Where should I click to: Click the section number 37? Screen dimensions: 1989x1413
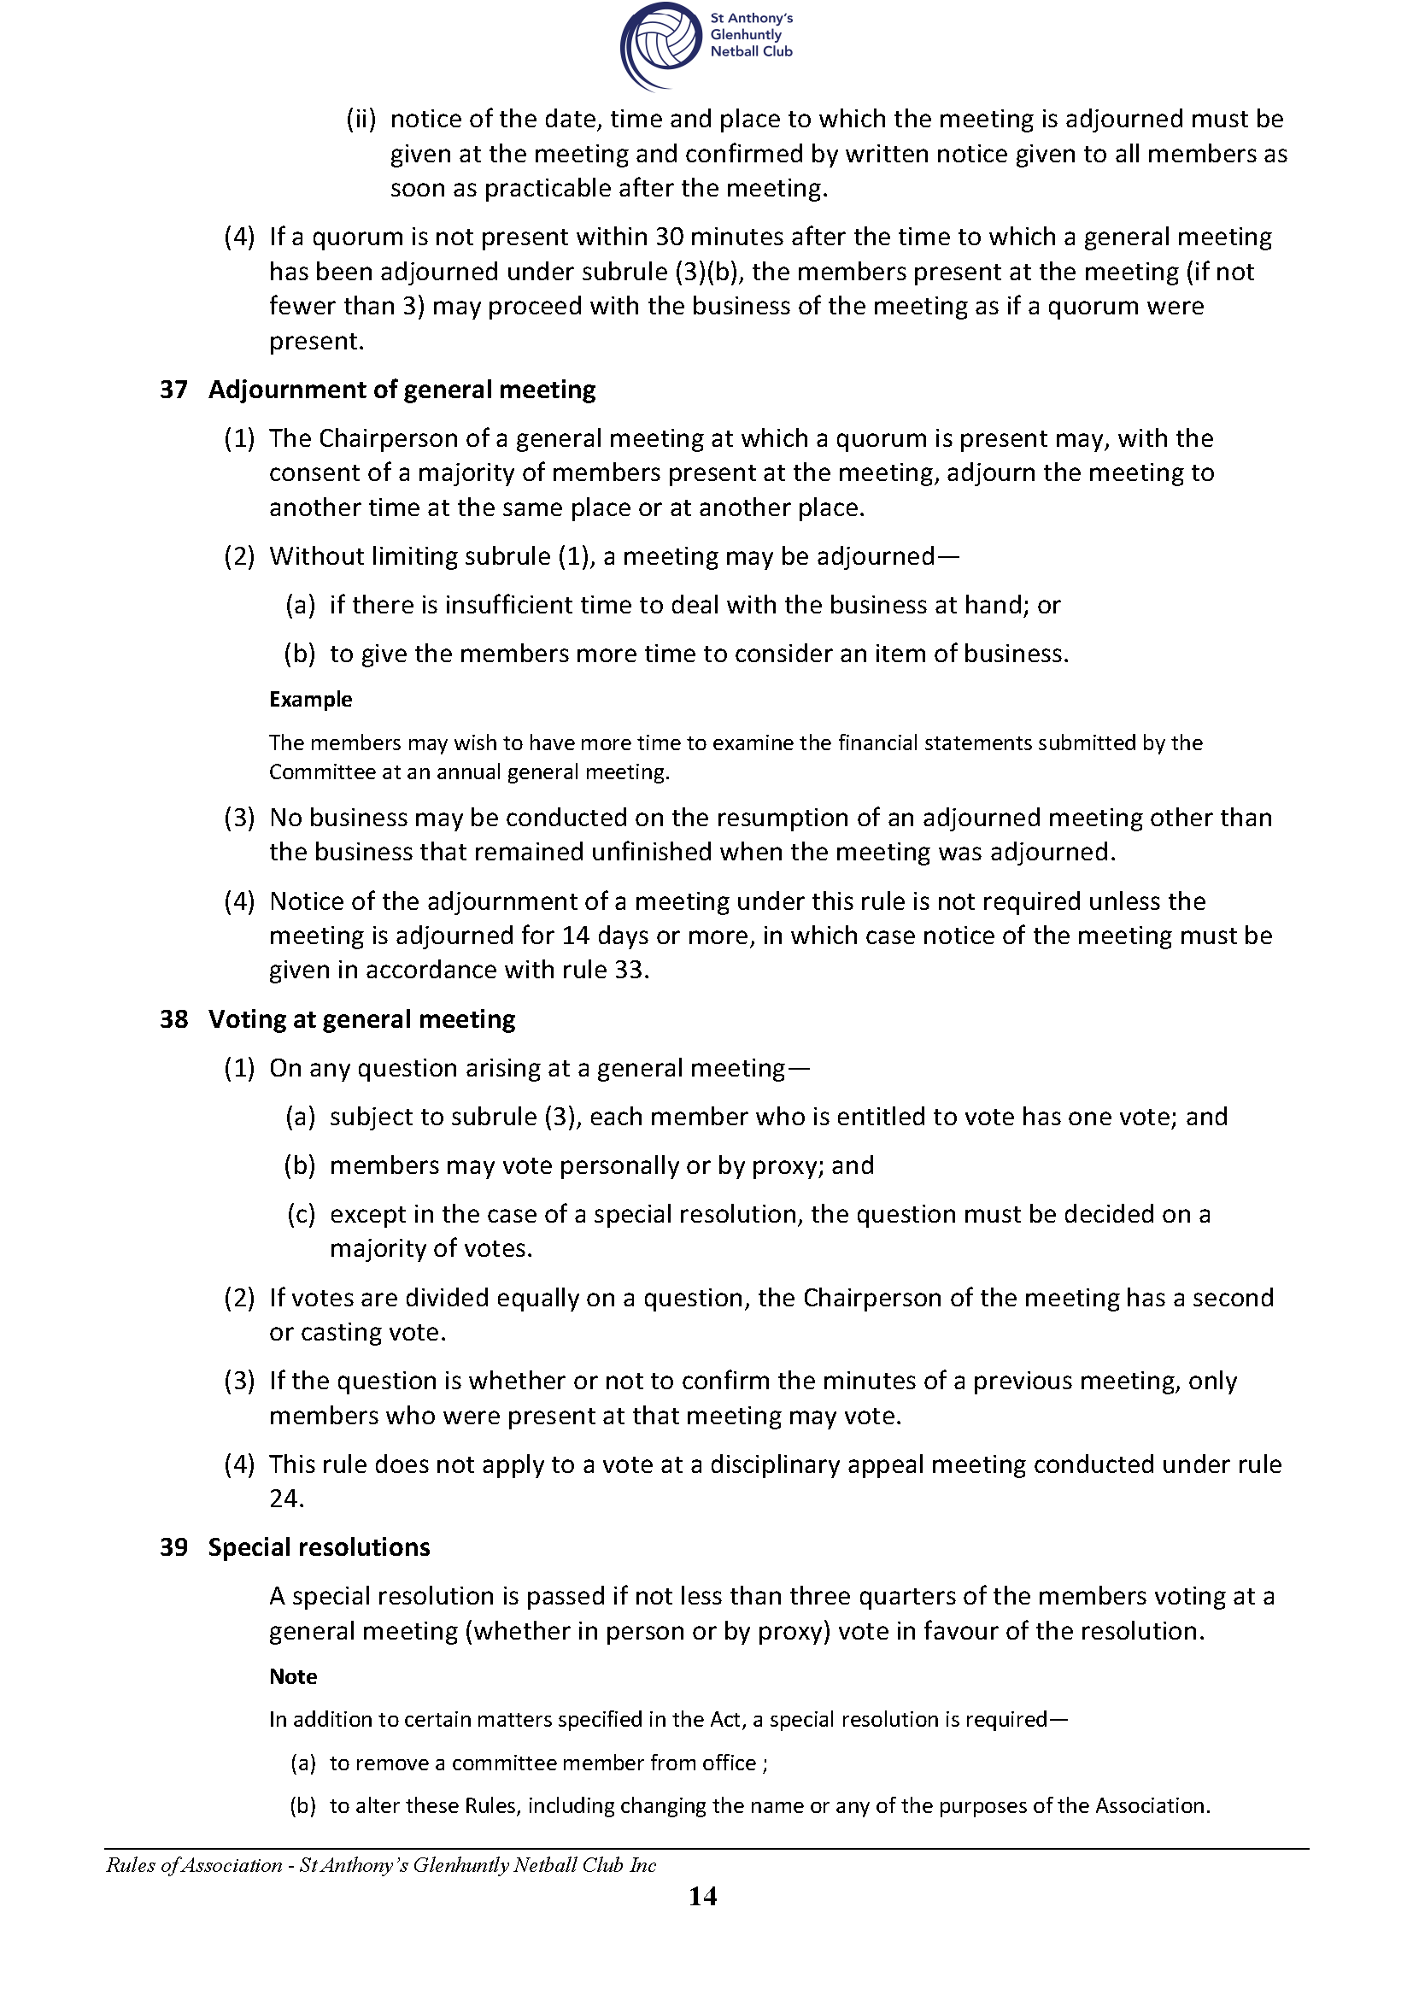pyautogui.click(x=173, y=390)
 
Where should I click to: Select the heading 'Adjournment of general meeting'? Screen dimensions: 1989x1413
pyautogui.click(x=402, y=390)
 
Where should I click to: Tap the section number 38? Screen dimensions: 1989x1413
pyautogui.click(x=173, y=1019)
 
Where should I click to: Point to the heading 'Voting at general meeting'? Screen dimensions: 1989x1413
pyautogui.click(x=361, y=1019)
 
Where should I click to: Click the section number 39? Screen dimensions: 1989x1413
pyautogui.click(x=173, y=1547)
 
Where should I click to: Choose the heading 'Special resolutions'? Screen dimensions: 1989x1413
pyautogui.click(x=319, y=1547)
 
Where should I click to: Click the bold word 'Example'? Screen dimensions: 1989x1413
pyautogui.click(x=310, y=700)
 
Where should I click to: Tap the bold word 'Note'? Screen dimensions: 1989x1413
pyautogui.click(x=292, y=1676)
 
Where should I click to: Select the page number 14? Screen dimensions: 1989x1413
pyautogui.click(x=702, y=1897)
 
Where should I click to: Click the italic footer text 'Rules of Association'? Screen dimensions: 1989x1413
pyautogui.click(x=194, y=1864)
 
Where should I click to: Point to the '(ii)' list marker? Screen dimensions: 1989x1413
pyautogui.click(x=361, y=120)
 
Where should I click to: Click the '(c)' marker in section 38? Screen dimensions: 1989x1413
pyautogui.click(x=300, y=1214)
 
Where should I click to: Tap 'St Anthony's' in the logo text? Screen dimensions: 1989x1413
pyautogui.click(x=752, y=18)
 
